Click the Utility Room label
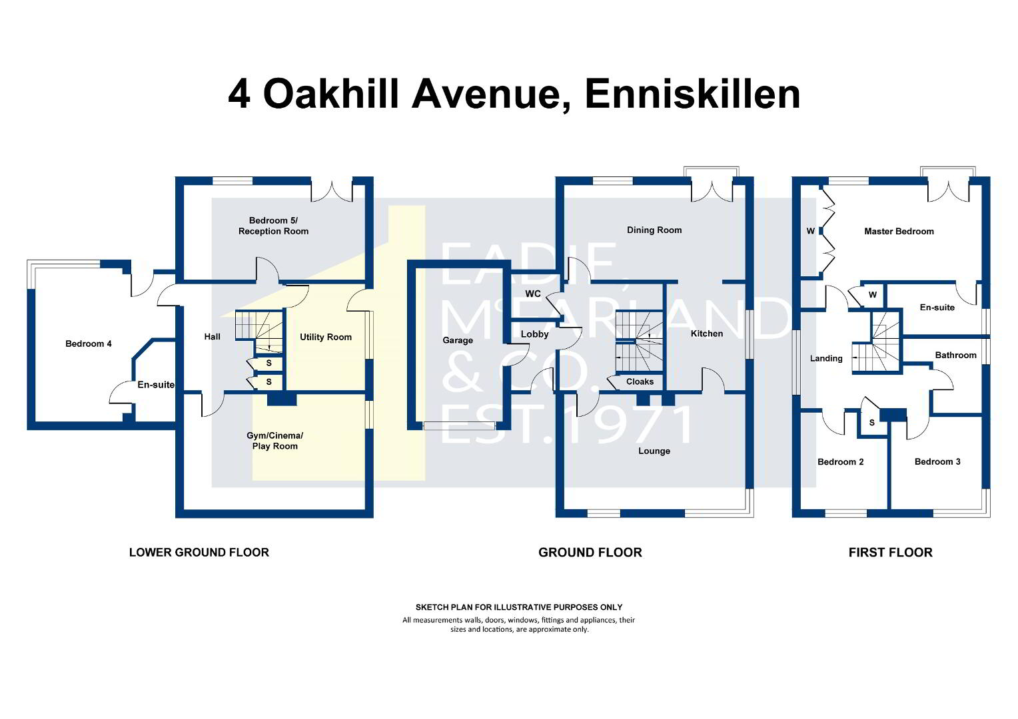325,337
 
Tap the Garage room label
458,340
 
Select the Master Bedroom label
899,231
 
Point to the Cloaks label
640,381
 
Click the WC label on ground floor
533,294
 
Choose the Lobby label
534,334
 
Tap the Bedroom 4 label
88,344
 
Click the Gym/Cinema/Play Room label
274,441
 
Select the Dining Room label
654,230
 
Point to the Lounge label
654,451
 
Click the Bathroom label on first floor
956,356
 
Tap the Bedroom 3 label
937,461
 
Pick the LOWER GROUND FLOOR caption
199,553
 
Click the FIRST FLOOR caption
891,553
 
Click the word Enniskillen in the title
693,95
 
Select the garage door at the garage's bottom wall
459,426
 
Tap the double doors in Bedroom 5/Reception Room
332,191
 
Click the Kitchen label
707,334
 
